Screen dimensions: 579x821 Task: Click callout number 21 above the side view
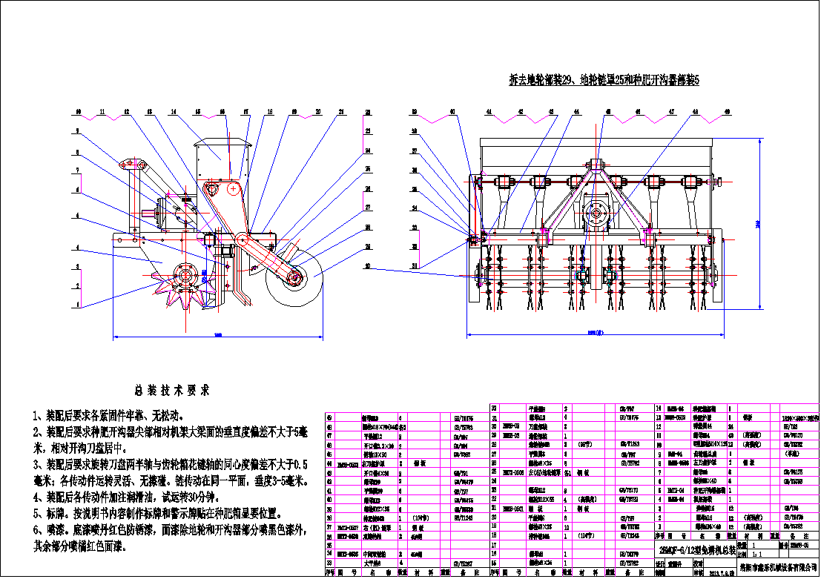[x=341, y=112]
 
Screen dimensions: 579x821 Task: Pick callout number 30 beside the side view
[x=367, y=265]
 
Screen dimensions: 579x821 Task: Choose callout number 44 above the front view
[x=576, y=112]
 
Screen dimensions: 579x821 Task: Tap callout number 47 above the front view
[x=671, y=112]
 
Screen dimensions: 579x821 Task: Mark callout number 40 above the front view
[x=452, y=112]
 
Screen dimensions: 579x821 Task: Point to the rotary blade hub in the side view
[x=183, y=277]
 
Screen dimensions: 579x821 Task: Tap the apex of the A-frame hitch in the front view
[x=597, y=162]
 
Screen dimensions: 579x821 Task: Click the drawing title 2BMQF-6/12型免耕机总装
[x=697, y=550]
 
